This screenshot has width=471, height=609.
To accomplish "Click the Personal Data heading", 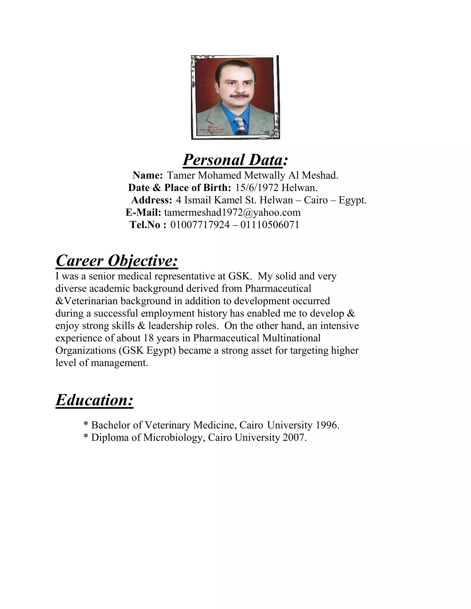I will pos(235,160).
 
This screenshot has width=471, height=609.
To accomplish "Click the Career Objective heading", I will pos(117,261).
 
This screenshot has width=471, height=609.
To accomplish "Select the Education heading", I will pos(94,400).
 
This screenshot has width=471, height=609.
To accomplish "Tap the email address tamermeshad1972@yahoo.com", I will pos(232,213).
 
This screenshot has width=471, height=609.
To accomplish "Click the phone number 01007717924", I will pos(200,225).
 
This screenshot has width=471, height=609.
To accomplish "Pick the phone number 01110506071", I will pos(270,225).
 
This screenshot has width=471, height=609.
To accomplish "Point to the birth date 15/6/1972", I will pos(257,188).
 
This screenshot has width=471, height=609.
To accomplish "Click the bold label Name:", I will pos(148,175).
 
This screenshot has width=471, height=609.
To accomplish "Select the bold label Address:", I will pos(152,200).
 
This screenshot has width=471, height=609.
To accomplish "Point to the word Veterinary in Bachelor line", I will pos(168,425).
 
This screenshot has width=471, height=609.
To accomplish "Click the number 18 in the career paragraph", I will pos(148,338).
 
